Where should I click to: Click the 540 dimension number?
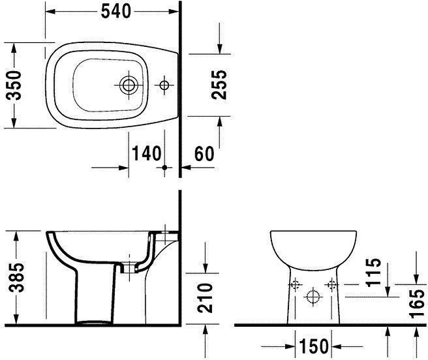(x=116, y=12)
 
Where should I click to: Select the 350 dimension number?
(x=14, y=85)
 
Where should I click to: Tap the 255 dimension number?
(x=219, y=85)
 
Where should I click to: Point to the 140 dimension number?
(x=147, y=153)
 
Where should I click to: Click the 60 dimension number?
(x=204, y=153)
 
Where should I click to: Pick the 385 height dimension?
(x=16, y=277)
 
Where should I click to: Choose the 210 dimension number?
(x=205, y=298)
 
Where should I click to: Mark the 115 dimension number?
(x=373, y=272)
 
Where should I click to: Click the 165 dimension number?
(x=417, y=304)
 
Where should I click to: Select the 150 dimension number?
(x=314, y=346)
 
